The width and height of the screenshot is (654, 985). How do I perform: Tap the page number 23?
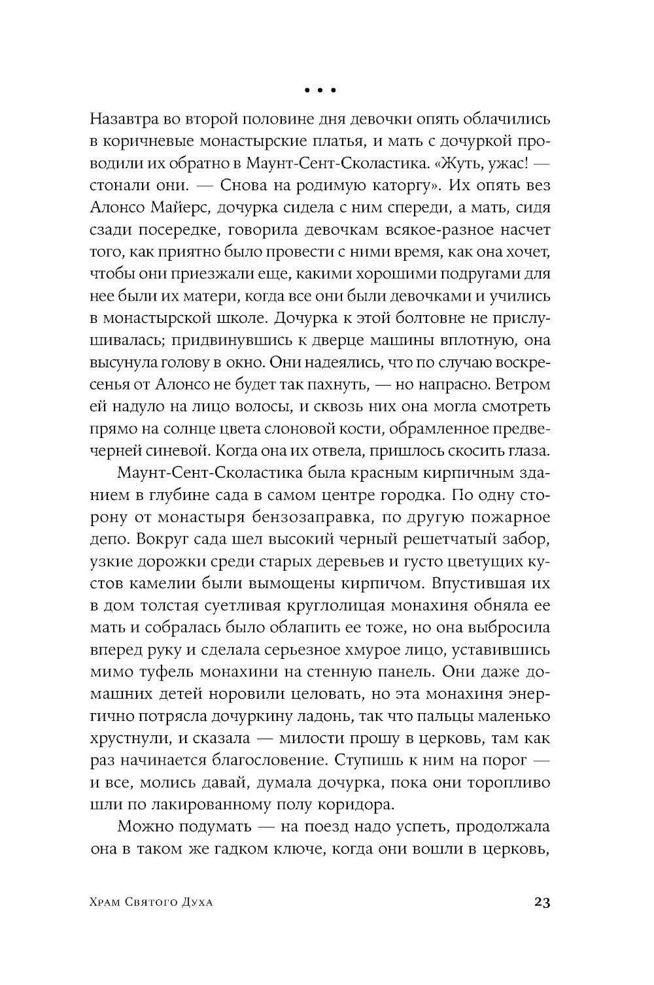pyautogui.click(x=542, y=903)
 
